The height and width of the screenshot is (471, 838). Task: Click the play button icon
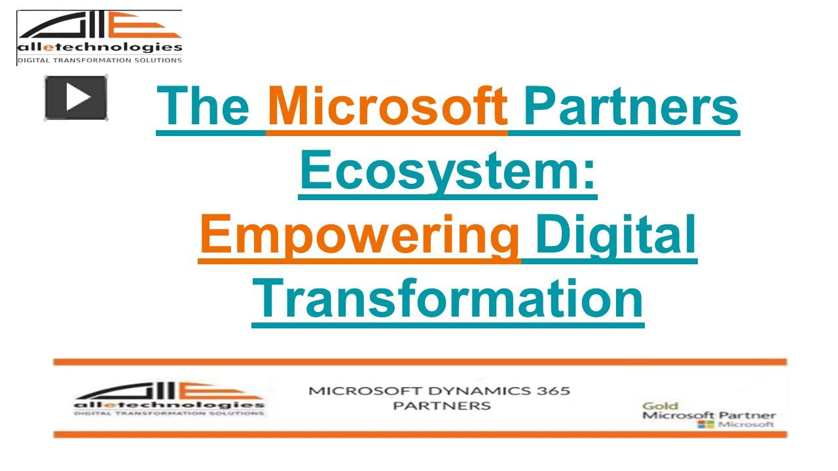click(x=76, y=97)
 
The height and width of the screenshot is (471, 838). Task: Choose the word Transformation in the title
click(x=448, y=298)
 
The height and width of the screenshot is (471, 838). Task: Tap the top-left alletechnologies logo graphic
click(x=100, y=26)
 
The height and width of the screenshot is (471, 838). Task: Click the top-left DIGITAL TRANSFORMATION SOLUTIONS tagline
click(x=100, y=60)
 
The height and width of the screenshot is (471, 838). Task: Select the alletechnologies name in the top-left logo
click(x=100, y=47)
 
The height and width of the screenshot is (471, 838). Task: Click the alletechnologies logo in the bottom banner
click(x=169, y=398)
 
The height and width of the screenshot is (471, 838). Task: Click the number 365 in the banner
click(x=553, y=391)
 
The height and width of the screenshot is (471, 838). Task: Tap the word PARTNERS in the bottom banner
click(x=441, y=406)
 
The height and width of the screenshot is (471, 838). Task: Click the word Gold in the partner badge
click(x=660, y=406)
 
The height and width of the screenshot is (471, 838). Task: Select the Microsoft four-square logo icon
click(x=706, y=425)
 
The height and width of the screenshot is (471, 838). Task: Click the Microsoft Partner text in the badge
click(x=708, y=415)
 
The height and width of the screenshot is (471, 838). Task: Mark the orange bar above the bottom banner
click(x=420, y=362)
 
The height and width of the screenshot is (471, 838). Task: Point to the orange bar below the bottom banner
click(x=420, y=434)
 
